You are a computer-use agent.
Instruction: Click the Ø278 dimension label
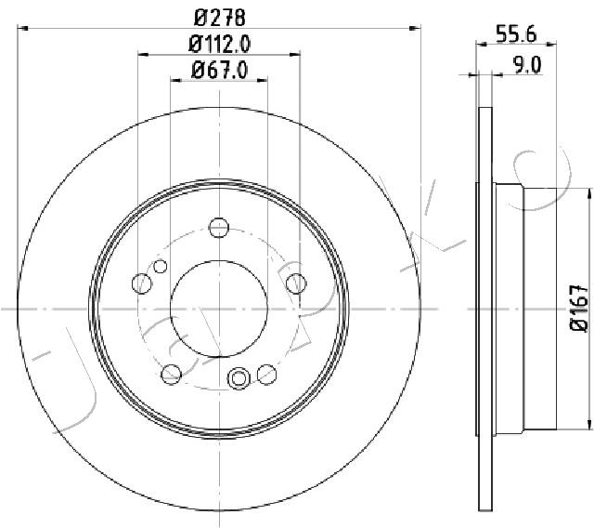220,18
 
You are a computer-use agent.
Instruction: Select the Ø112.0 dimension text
220,45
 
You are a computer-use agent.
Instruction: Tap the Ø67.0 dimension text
220,70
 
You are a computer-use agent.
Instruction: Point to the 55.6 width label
516,34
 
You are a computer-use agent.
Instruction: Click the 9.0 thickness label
527,65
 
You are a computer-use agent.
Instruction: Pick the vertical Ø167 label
580,308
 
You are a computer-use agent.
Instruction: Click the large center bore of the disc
219,309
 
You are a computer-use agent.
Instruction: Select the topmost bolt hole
219,228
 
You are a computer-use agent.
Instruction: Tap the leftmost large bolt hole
142,284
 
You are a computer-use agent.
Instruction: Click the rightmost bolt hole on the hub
296,284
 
